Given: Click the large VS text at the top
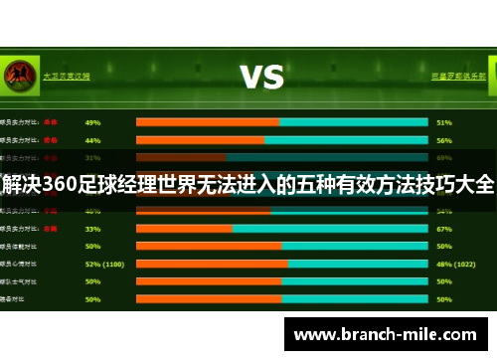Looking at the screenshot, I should [x=260, y=76].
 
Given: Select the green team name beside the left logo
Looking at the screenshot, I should [x=67, y=75].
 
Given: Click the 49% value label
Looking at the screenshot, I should [x=93, y=122].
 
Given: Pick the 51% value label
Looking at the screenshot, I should [x=444, y=122].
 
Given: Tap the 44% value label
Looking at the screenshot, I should [x=93, y=140].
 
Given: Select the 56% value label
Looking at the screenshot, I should [x=444, y=140].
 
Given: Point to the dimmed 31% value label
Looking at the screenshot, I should [x=93, y=157].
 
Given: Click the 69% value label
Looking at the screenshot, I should [x=444, y=157].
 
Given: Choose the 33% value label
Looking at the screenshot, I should [x=93, y=228].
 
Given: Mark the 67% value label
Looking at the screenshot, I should [x=444, y=228].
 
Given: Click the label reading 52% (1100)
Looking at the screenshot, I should [x=104, y=264].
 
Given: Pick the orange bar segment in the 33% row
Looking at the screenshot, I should [x=184, y=228].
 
